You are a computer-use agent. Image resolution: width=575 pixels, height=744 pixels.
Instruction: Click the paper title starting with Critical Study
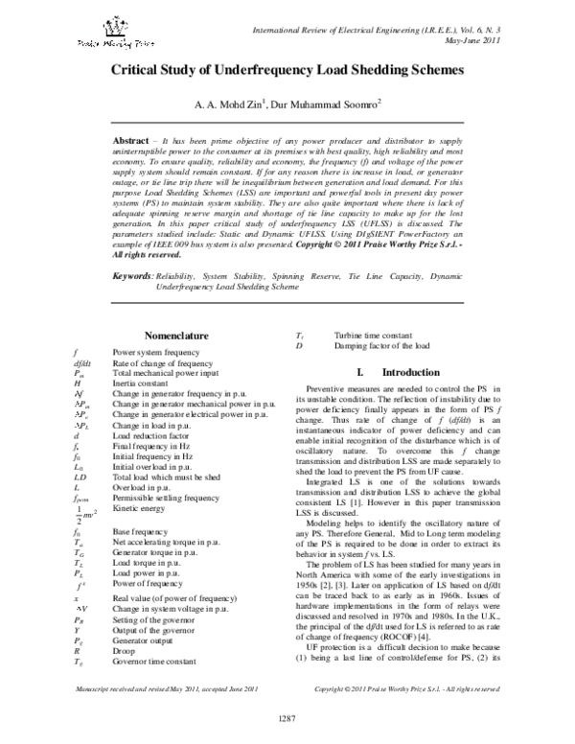tap(287, 71)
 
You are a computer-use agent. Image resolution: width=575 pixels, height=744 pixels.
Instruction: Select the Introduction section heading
tap(396, 371)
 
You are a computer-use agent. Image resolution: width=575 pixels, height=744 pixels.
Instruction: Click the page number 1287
tap(287, 720)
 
